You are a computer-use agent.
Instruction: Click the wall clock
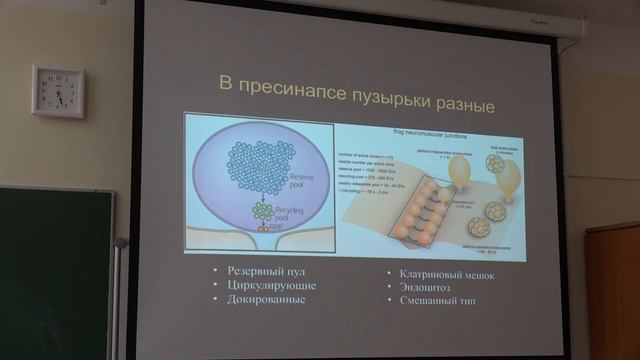point(58,91)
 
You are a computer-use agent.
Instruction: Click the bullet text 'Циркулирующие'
point(258,285)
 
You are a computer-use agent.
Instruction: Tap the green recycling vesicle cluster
point(262,211)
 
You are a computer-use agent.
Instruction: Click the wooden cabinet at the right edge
point(614,290)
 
